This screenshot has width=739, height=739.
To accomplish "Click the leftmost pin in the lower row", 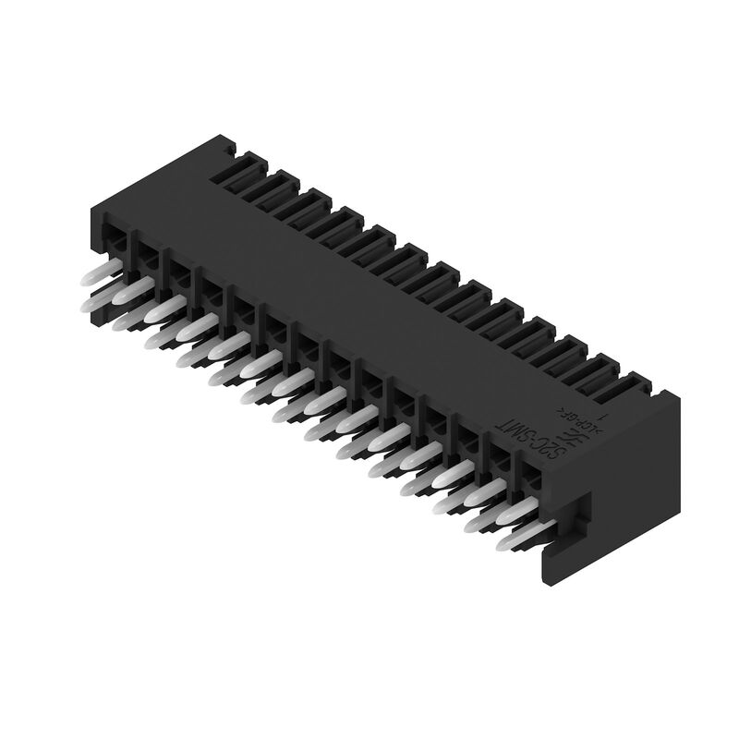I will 95,303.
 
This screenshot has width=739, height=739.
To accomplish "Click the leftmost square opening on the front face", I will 115,241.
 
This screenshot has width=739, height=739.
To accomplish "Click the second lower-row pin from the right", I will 479,525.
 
